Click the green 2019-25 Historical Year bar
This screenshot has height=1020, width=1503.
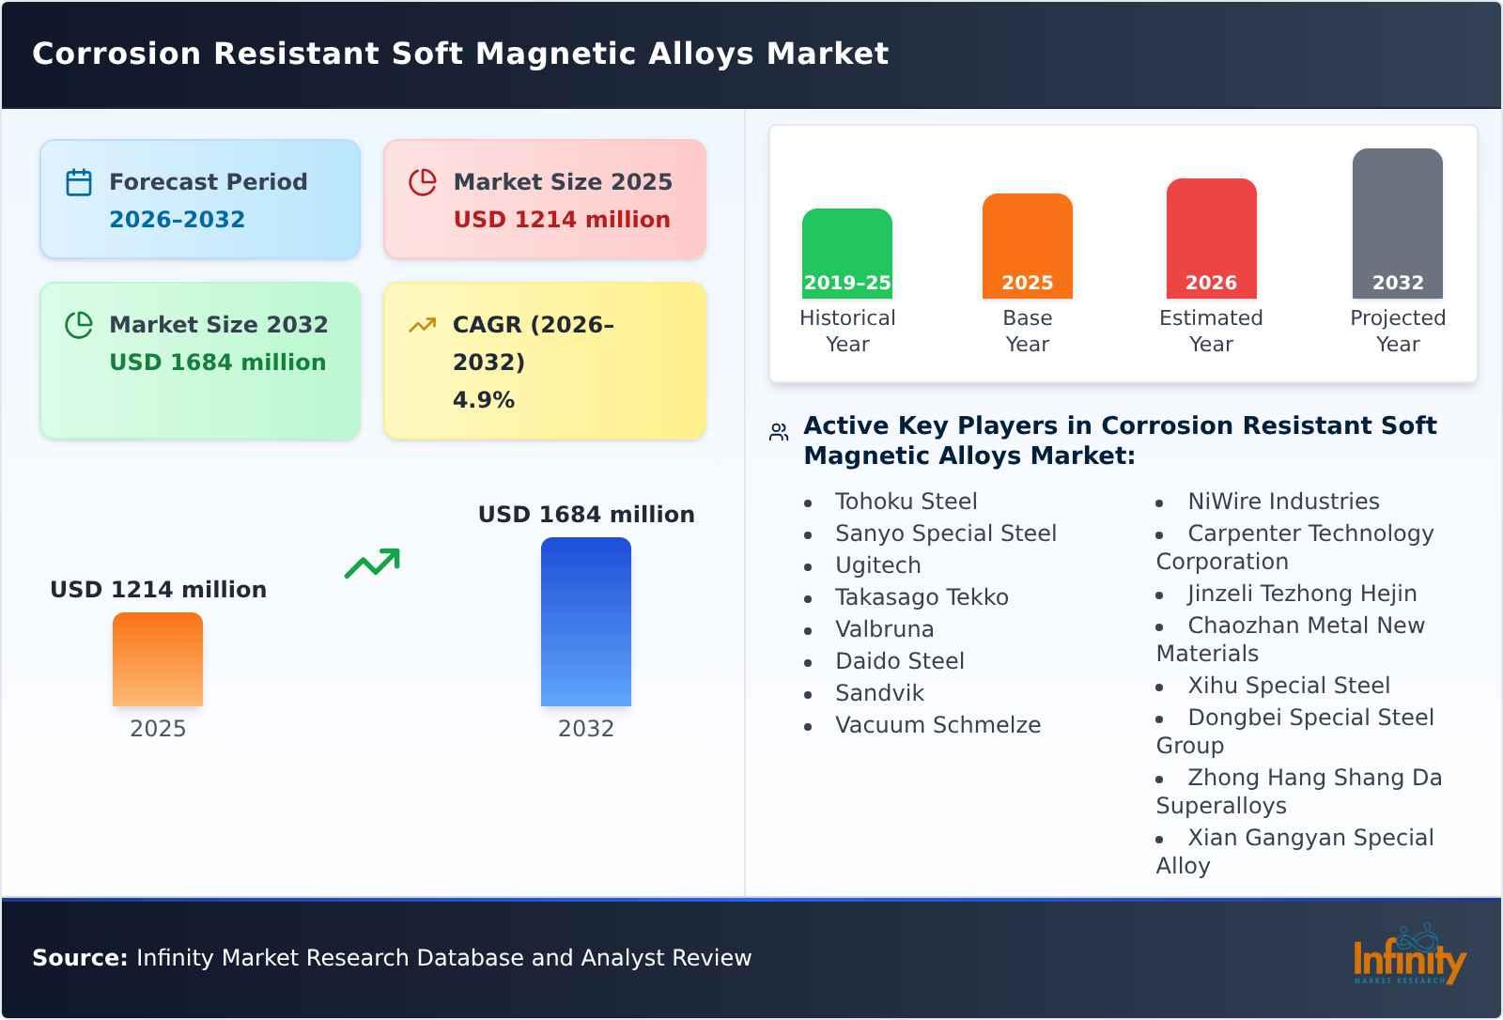[846, 253]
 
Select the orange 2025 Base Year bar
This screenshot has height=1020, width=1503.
[1027, 245]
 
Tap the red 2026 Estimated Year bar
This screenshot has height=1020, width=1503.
[1211, 238]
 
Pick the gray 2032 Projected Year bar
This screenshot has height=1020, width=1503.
[1397, 223]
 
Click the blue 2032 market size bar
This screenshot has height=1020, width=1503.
[585, 621]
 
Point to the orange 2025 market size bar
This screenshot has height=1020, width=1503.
[158, 658]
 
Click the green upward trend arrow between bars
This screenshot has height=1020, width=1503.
[372, 564]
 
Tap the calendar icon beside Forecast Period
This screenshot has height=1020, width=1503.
[79, 182]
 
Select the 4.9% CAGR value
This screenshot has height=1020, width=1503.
[483, 400]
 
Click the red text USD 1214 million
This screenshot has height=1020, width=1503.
[562, 220]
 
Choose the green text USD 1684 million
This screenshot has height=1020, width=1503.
[217, 363]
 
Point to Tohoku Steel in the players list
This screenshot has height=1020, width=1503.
[906, 502]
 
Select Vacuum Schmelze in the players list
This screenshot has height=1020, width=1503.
[937, 725]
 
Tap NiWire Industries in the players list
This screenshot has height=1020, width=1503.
[1283, 502]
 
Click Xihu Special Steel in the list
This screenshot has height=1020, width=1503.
[1288, 686]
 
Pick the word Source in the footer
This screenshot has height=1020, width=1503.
[79, 958]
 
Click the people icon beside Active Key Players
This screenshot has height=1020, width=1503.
[779, 432]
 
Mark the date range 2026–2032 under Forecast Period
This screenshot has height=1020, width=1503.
[177, 220]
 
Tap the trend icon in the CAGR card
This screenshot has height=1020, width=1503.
[422, 325]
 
